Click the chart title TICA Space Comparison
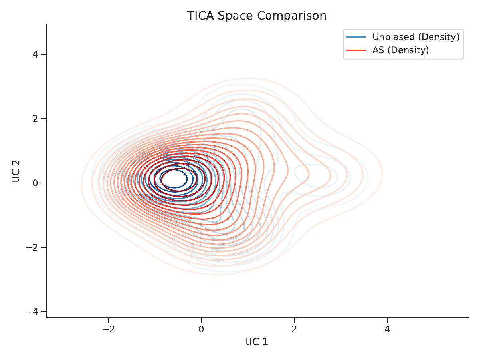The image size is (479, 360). click(x=257, y=16)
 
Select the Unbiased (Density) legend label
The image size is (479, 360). click(x=416, y=37)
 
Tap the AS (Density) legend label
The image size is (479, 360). click(x=400, y=50)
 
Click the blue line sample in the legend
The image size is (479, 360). click(x=356, y=37)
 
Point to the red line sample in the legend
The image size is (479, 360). click(x=356, y=50)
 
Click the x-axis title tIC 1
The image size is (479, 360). click(x=257, y=342)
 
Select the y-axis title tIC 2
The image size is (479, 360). click(x=16, y=171)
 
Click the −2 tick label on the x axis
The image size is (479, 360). click(x=109, y=329)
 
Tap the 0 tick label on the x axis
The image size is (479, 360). click(x=202, y=329)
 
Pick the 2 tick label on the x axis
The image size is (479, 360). click(x=294, y=329)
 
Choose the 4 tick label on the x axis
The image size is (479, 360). click(x=387, y=329)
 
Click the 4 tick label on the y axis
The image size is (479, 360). click(x=35, y=54)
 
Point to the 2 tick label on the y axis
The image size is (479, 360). click(x=35, y=119)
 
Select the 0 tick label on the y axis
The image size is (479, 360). click(x=35, y=183)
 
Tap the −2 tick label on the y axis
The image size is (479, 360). click(x=32, y=247)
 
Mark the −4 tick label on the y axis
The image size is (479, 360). click(x=32, y=312)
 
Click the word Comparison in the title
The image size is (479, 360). click(x=292, y=16)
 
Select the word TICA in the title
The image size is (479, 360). click(x=200, y=16)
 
